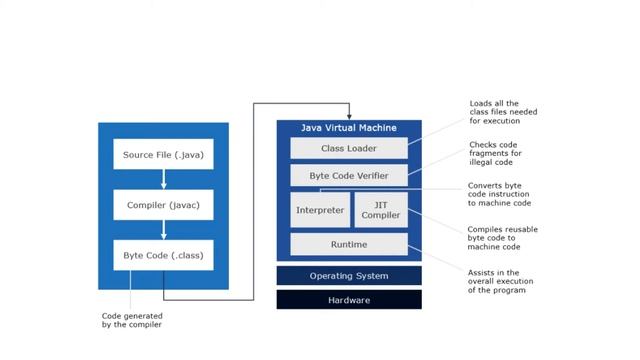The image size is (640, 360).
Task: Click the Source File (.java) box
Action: pos(163,155)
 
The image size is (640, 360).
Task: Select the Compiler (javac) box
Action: pos(163,205)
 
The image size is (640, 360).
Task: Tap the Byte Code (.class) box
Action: pos(163,255)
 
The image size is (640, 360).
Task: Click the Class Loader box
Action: pos(348,148)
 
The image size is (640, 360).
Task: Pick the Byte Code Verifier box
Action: pos(348,176)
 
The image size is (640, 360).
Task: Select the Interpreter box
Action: pos(321,211)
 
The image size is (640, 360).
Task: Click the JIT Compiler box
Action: pos(380,211)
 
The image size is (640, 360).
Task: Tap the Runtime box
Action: pos(348,244)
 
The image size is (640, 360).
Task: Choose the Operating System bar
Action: pos(348,275)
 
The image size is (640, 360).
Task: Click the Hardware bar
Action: pos(348,299)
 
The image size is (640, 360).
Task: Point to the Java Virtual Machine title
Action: pos(348,128)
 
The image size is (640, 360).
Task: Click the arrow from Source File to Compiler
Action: pos(163,180)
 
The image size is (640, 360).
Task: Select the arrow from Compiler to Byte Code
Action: pos(163,230)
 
